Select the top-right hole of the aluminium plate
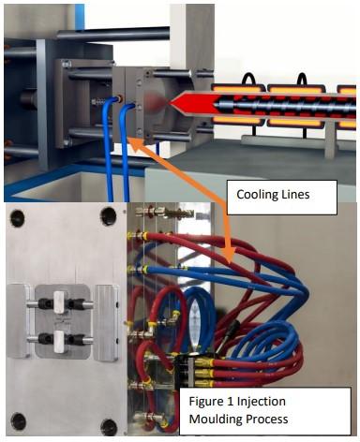click(x=109, y=218)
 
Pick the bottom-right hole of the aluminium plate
click(x=109, y=419)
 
